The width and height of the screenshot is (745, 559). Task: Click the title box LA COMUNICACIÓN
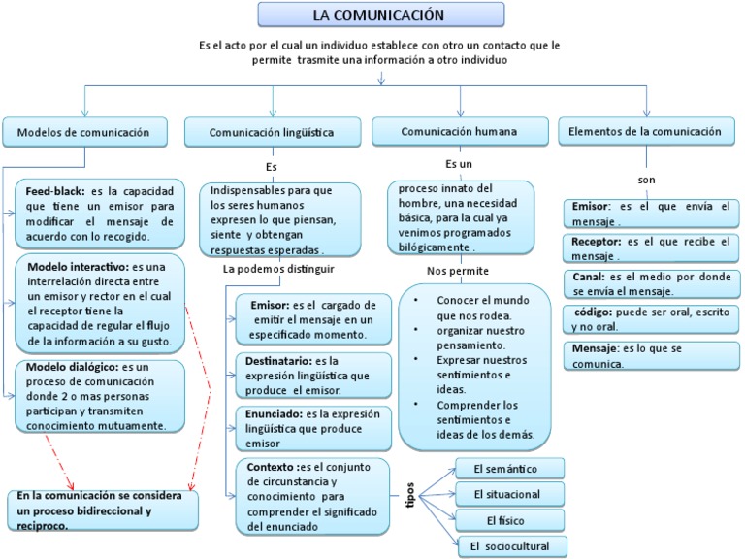click(380, 15)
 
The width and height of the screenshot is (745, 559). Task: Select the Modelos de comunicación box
click(84, 131)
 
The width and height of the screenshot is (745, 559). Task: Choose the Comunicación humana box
click(459, 130)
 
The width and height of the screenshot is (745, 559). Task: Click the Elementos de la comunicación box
click(645, 130)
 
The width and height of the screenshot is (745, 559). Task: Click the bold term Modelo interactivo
click(78, 266)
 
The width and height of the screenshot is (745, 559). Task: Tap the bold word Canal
click(588, 276)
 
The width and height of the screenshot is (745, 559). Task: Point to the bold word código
click(593, 312)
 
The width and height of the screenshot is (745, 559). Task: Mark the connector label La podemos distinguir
click(278, 268)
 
